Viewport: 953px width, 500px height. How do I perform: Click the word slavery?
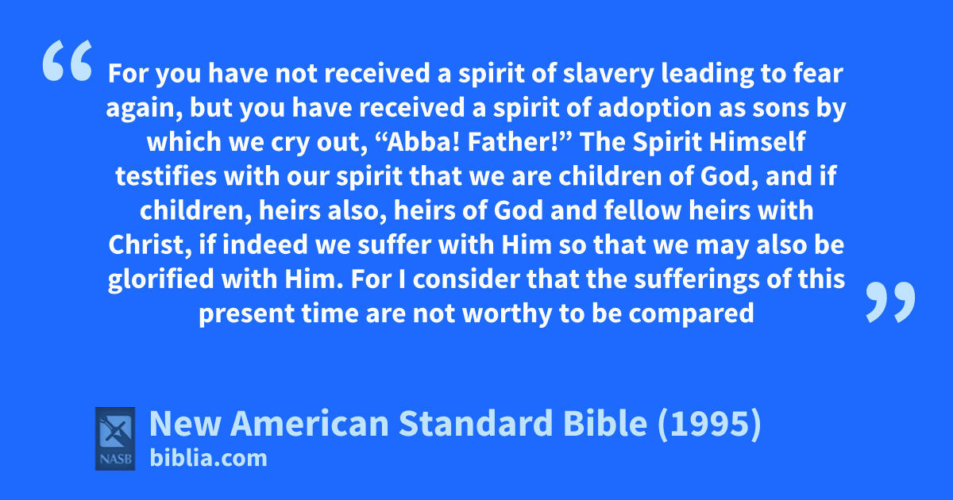[x=608, y=74]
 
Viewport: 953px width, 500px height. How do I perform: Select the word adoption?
[x=654, y=109]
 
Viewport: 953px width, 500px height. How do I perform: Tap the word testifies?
[x=165, y=176]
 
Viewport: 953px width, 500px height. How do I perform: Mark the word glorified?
[x=160, y=280]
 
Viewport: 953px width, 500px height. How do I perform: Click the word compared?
[x=691, y=314]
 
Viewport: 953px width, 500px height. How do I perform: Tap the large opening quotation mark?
[x=68, y=60]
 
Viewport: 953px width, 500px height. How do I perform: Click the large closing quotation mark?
[x=890, y=302]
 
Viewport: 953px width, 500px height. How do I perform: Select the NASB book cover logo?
[x=115, y=439]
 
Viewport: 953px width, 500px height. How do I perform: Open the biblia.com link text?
[x=208, y=459]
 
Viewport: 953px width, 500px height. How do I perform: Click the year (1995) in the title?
[x=709, y=424]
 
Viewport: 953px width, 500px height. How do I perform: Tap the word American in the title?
[x=309, y=424]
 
